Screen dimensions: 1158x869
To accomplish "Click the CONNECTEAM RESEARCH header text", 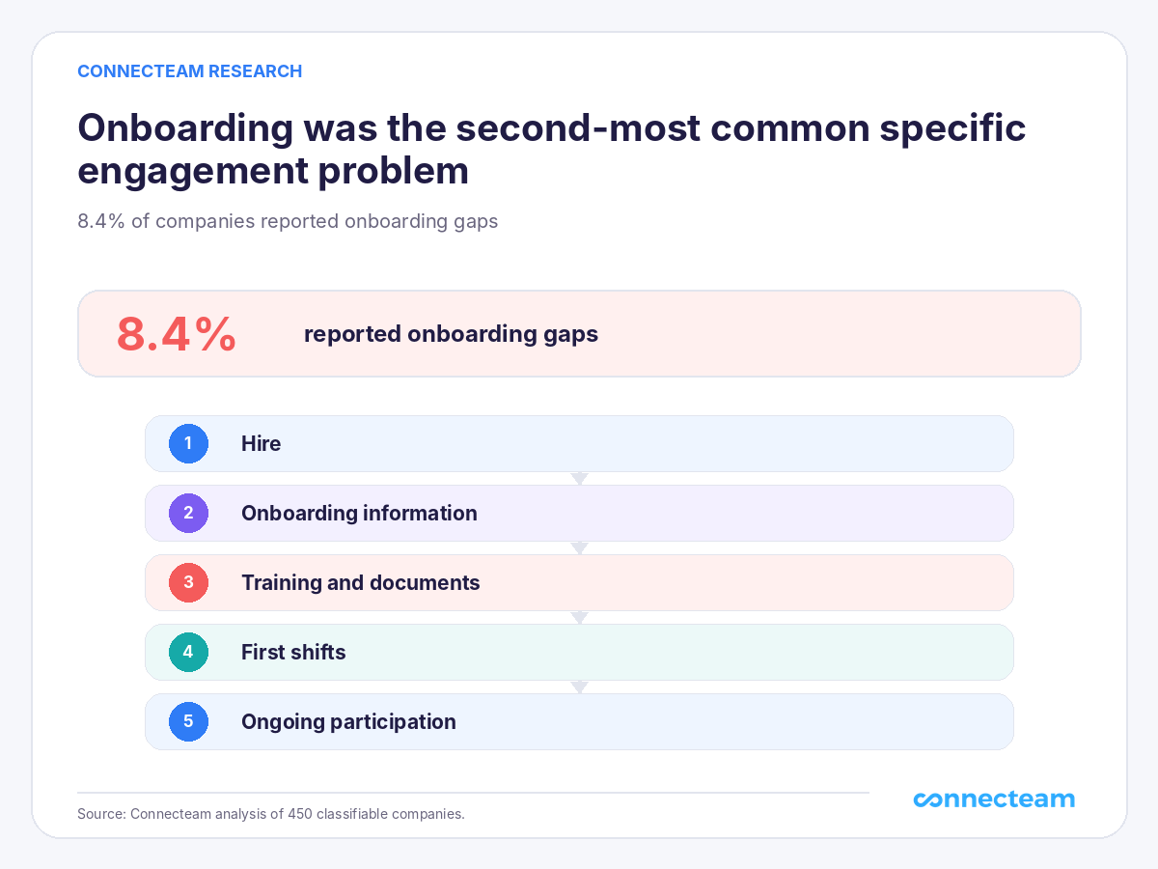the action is click(x=190, y=71).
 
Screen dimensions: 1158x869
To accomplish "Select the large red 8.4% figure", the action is click(x=177, y=334).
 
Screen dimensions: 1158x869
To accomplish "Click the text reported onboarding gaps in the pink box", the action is click(x=451, y=334).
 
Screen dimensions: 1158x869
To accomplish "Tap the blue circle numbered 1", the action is click(x=188, y=444).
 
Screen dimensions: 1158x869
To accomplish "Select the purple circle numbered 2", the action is click(x=188, y=513).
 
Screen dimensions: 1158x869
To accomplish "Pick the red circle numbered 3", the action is click(x=188, y=582).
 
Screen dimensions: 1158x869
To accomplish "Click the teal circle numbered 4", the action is click(x=188, y=652).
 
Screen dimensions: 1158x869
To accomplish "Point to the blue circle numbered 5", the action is click(x=188, y=722).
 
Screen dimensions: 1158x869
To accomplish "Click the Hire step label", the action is click(x=262, y=444).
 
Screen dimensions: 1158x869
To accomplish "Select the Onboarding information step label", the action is click(x=359, y=514).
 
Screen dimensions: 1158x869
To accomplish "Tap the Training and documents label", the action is click(x=361, y=583).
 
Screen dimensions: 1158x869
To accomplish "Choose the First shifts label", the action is click(x=293, y=652).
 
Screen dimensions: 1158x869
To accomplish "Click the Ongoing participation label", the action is click(x=348, y=722).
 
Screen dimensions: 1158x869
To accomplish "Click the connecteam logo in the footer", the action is click(x=994, y=799).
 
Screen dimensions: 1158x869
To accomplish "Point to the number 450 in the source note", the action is click(x=300, y=814).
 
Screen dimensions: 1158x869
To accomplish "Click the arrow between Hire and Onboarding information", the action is click(x=579, y=479).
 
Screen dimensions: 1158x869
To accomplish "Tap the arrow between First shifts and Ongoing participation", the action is click(x=579, y=687).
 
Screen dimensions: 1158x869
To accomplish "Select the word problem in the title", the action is click(x=393, y=172).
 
